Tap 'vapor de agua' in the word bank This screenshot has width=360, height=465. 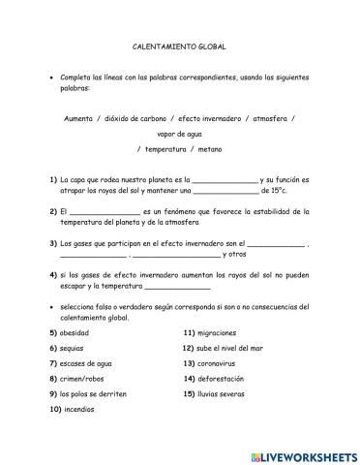point(179,134)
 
